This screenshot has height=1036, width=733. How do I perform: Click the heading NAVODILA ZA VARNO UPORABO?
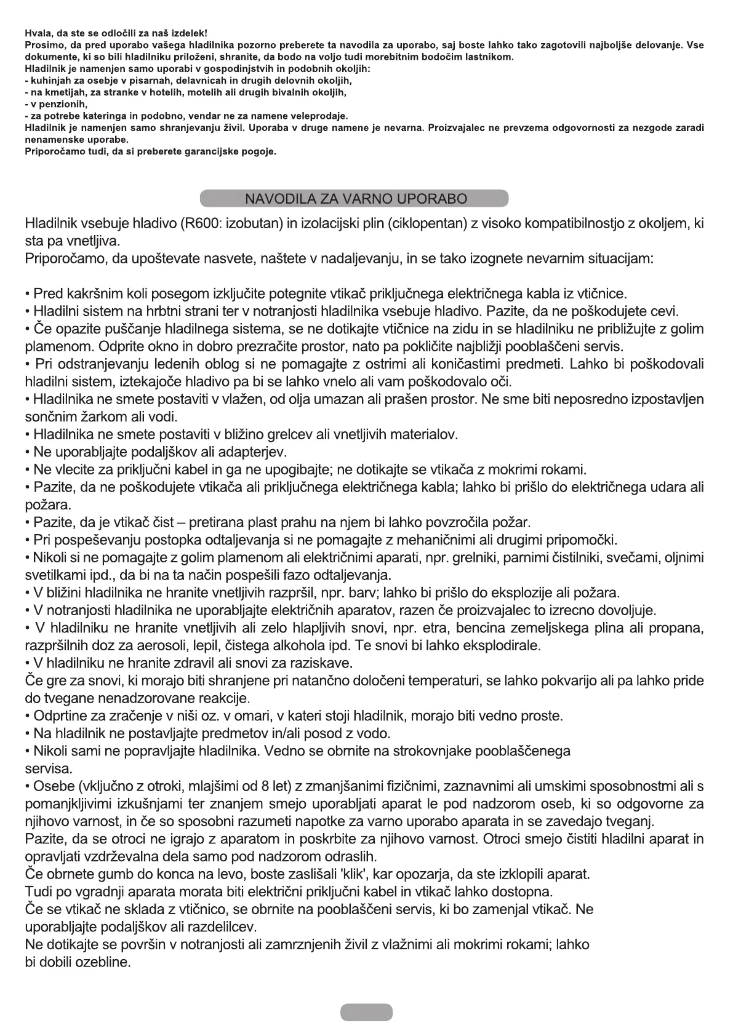pyautogui.click(x=356, y=199)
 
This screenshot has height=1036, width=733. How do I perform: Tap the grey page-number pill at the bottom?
pyautogui.click(x=366, y=1011)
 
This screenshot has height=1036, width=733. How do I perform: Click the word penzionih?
pyautogui.click(x=62, y=105)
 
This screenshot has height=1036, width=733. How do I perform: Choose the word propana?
pyautogui.click(x=682, y=628)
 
